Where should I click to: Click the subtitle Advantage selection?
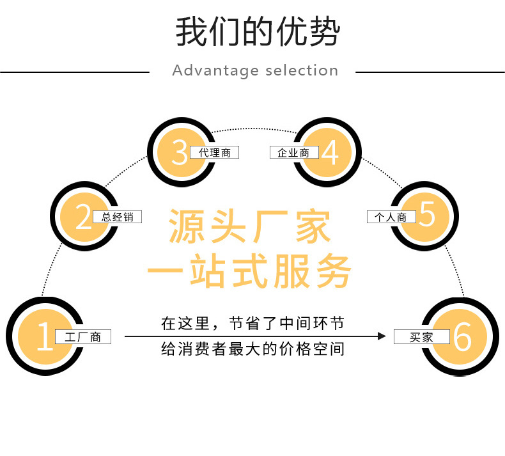pyautogui.click(x=255, y=70)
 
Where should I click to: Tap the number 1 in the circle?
pyautogui.click(x=43, y=337)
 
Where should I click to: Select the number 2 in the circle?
pyautogui.click(x=83, y=217)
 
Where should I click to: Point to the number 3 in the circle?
pyautogui.click(x=180, y=152)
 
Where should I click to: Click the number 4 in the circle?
pyautogui.click(x=330, y=152)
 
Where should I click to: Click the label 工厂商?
pyautogui.click(x=83, y=337)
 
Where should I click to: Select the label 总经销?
pyautogui.click(x=118, y=217)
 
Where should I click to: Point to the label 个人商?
pyautogui.click(x=391, y=217)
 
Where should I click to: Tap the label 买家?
pyautogui.click(x=422, y=337)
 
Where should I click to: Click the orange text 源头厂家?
pyautogui.click(x=250, y=227)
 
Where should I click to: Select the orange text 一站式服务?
pyautogui.click(x=250, y=272)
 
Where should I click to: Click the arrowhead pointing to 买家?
pyautogui.click(x=382, y=336)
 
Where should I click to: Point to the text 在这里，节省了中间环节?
pyautogui.click(x=252, y=324)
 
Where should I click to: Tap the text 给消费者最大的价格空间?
pyautogui.click(x=252, y=350)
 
